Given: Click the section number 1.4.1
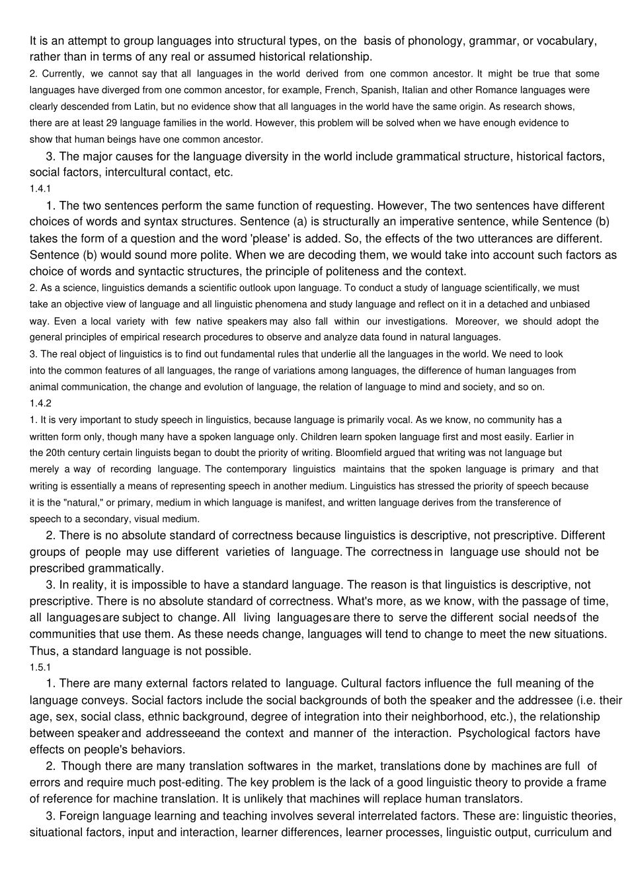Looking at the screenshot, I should (40, 189).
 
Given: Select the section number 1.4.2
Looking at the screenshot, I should (40, 403).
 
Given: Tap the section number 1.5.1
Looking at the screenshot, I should (40, 667).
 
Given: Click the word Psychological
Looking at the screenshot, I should (494, 733).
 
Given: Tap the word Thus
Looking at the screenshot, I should (43, 650).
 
